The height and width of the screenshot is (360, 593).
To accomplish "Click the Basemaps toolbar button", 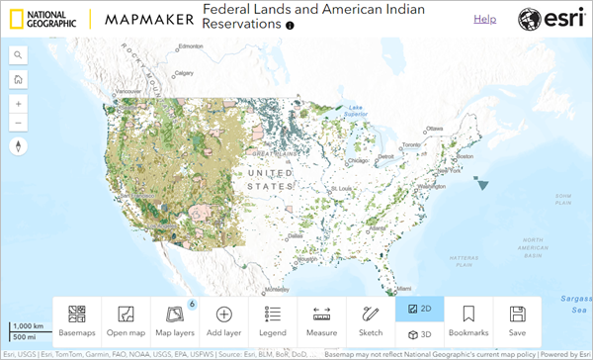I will (x=76, y=321).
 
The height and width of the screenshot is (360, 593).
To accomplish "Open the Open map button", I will (x=126, y=321).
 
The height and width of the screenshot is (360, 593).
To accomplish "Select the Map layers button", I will (x=174, y=321).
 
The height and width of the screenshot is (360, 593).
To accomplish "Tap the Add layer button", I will (x=223, y=321).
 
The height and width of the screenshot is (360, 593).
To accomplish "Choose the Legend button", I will (x=273, y=321).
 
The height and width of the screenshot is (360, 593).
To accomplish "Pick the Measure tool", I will (x=321, y=321).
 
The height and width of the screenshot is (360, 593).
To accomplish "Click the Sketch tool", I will (x=371, y=321).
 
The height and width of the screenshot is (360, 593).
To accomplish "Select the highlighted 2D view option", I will (x=419, y=310).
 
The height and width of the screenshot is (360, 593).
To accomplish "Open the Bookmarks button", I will (x=468, y=321).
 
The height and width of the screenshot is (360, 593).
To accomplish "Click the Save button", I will (x=517, y=321).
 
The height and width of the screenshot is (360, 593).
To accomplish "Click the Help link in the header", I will (x=485, y=19).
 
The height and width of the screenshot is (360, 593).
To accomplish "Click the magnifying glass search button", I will (x=19, y=55).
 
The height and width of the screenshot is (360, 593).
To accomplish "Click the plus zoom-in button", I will (x=19, y=103).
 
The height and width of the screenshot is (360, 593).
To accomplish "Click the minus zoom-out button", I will (x=19, y=123).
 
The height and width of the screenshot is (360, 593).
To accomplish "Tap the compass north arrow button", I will (x=19, y=146).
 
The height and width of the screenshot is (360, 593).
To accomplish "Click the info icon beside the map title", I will (x=291, y=25).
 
